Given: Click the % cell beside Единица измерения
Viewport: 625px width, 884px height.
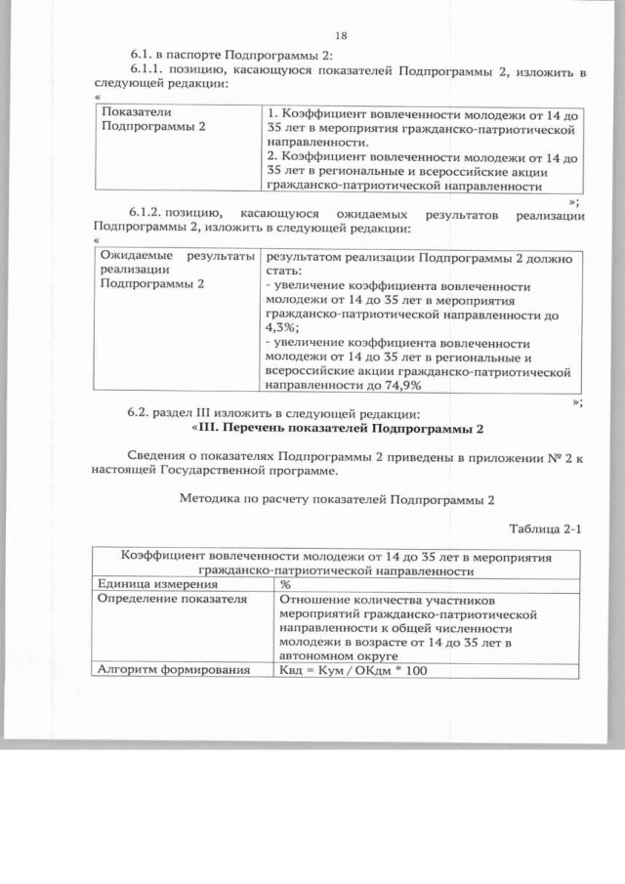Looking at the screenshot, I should (285, 583).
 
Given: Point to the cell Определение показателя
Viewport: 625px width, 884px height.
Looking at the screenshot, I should (158, 599).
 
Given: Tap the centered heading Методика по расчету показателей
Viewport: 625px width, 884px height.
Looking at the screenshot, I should (338, 498).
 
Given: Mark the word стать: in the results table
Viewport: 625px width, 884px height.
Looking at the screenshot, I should (283, 271).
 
